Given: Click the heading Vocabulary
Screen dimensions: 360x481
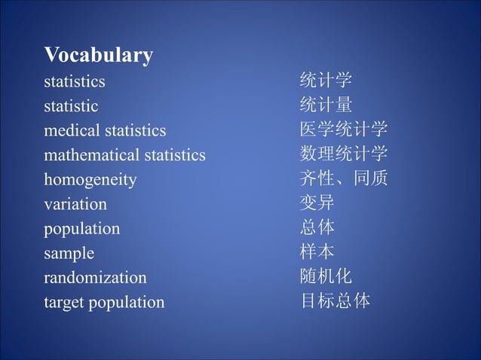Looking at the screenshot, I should [x=99, y=56].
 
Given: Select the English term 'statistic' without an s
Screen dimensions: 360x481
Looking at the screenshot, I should [x=71, y=106].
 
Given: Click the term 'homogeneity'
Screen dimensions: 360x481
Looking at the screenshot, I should [x=90, y=180].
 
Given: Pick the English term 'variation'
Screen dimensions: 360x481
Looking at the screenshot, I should [x=75, y=204].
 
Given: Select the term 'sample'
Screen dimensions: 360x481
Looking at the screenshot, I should [x=69, y=253].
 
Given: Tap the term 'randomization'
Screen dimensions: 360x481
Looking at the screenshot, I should [x=95, y=278].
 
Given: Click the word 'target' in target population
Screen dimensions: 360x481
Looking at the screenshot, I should [x=64, y=303].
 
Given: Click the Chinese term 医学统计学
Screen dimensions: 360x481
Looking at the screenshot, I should [x=344, y=130].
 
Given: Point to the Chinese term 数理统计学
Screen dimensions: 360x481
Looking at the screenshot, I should [x=344, y=154].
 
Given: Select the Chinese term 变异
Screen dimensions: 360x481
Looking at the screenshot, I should [x=317, y=203].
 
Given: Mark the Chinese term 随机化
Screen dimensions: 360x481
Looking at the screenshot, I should [x=326, y=276].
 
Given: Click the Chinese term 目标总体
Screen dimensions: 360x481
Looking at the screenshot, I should [x=335, y=301].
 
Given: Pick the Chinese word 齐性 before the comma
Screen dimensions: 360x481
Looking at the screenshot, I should [x=317, y=179].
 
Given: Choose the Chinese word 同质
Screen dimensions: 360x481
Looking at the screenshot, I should [x=370, y=179].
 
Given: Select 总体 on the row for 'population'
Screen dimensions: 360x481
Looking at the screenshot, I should [x=317, y=227].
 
